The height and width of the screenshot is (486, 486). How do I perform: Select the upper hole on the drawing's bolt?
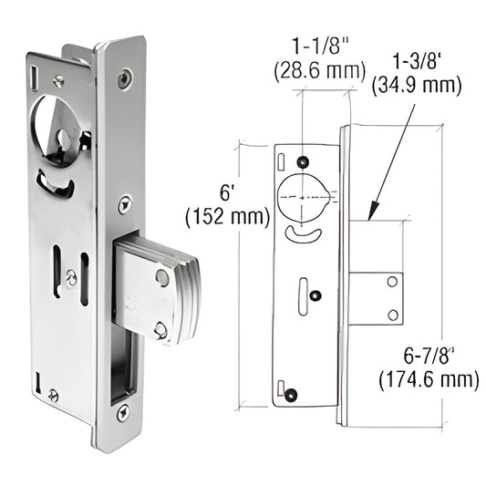(392, 284)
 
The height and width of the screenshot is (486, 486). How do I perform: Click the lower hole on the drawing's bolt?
(392, 315)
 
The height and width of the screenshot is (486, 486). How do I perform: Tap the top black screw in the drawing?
(302, 162)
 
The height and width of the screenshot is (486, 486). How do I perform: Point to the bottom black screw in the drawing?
(293, 394)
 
